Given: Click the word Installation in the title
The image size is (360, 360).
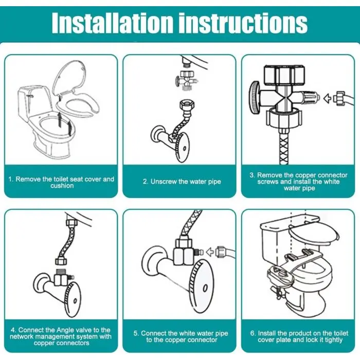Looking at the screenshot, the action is [112, 23].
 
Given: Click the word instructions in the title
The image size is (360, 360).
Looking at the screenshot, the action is [244, 23].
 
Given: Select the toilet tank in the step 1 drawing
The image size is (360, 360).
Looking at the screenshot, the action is [34, 103].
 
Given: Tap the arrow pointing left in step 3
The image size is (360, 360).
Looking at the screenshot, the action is [328, 98].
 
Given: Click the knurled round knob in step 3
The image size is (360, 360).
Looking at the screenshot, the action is [255, 97].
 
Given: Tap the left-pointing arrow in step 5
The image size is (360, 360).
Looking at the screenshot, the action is [210, 252].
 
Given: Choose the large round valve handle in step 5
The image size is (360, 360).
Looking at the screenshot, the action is [203, 286].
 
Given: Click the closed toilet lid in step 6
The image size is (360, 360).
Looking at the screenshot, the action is [313, 233].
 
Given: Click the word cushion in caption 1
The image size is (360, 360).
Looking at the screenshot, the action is [62, 186].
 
